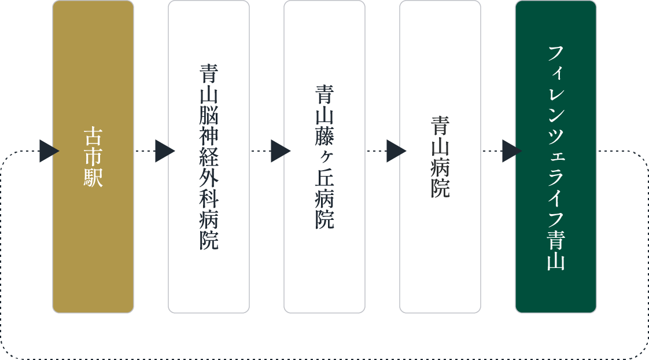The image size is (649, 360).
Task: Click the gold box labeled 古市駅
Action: [x=93, y=157]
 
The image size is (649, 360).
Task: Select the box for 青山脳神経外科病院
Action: [x=209, y=157]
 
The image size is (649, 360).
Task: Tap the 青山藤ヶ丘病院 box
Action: [x=325, y=157]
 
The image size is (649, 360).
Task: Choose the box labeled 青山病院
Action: [x=440, y=157]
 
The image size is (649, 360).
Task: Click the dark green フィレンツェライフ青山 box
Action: [x=555, y=157]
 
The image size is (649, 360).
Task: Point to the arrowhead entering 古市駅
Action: [x=49, y=151]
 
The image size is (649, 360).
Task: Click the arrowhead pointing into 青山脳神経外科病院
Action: [x=165, y=151]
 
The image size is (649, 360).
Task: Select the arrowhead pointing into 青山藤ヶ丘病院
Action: [x=281, y=151]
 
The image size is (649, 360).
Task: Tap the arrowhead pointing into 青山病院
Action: [x=396, y=151]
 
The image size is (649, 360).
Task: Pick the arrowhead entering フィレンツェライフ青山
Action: [x=512, y=151]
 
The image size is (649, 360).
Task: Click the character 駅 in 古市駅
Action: [x=93, y=178]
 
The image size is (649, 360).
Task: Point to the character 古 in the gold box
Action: [x=93, y=136]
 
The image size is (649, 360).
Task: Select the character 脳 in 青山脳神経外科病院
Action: [x=209, y=115]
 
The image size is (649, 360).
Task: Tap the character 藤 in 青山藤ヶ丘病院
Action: [x=325, y=136]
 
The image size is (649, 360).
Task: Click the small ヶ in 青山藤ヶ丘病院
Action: [x=325, y=157]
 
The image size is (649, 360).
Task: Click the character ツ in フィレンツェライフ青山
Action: [x=556, y=136]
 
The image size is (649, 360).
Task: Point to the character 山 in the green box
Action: [x=556, y=262]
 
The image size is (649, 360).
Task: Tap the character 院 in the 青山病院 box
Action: [x=440, y=188]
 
